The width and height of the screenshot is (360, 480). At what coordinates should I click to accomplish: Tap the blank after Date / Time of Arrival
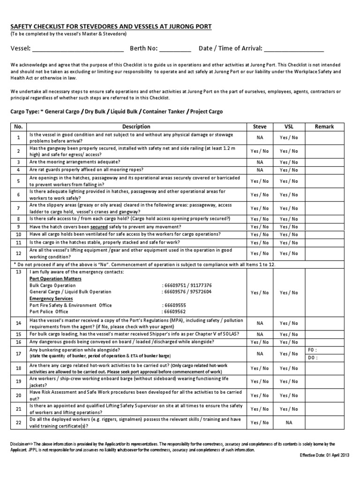click(x=293, y=49)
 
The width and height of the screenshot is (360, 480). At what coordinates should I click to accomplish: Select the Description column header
click(x=136, y=127)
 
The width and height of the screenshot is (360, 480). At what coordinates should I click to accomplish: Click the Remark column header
click(x=324, y=127)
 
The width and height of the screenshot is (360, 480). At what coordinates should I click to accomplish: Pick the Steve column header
click(x=259, y=127)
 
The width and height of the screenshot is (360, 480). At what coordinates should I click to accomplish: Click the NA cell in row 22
click(x=288, y=422)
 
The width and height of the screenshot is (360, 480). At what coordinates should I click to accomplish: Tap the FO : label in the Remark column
click(x=312, y=350)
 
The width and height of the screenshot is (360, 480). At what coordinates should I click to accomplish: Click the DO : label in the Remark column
click(x=312, y=358)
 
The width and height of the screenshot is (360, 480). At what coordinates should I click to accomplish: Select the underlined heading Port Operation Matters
click(x=55, y=278)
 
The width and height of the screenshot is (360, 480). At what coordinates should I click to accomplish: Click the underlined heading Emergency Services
click(x=51, y=298)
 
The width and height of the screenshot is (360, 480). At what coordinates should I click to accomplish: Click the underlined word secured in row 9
click(x=101, y=226)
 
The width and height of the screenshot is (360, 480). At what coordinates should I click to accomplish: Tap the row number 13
click(x=19, y=272)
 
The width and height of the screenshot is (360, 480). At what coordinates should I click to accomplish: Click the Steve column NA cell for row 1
click(x=259, y=138)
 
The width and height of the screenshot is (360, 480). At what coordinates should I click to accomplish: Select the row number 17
click(x=19, y=354)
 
